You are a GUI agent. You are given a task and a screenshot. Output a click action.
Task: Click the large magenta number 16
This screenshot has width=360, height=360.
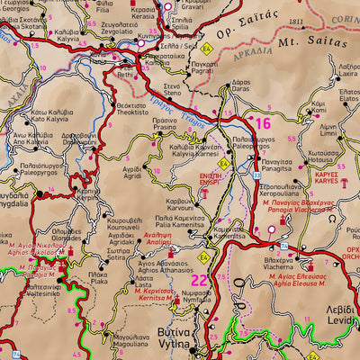coord(262,123)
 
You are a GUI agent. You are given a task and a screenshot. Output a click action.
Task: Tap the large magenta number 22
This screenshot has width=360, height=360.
coord(198,281)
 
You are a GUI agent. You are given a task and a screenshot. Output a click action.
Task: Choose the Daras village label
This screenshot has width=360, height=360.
coord(240,88)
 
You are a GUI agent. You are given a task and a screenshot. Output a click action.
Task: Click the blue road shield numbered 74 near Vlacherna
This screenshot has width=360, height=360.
coord(283,246)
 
